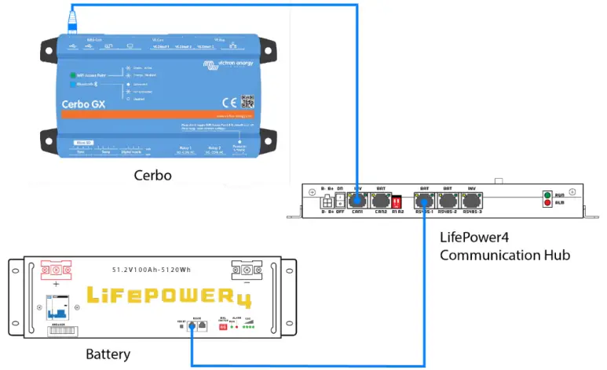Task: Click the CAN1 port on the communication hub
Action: [357, 201]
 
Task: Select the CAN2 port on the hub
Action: [382, 201]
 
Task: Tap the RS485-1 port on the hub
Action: [424, 201]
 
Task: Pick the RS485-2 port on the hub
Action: [448, 201]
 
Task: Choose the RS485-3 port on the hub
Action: [473, 201]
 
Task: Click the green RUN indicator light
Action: [548, 194]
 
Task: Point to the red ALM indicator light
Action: [548, 205]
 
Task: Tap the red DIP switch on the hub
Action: [398, 201]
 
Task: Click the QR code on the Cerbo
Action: [248, 101]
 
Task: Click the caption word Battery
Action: [108, 355]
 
